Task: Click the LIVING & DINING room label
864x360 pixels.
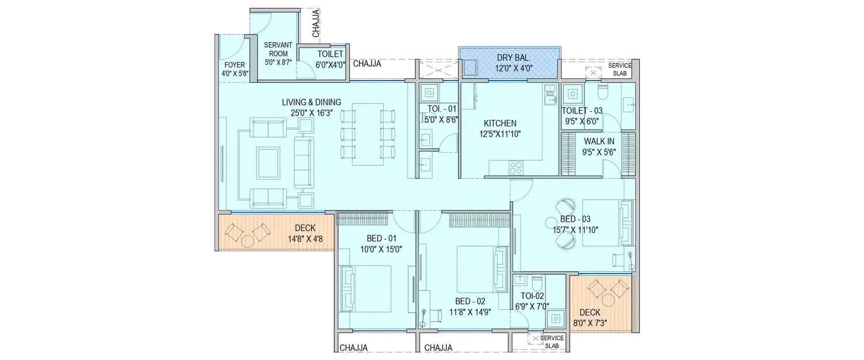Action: tap(311, 103)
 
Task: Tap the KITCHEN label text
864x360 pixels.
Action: tap(499, 123)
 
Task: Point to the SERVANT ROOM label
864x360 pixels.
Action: tap(278, 49)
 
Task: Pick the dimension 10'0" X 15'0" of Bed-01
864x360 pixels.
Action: tap(377, 249)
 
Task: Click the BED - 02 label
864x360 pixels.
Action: tap(470, 301)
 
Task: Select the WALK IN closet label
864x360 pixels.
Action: tap(599, 142)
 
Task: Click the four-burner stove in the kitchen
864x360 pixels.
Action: tap(515, 168)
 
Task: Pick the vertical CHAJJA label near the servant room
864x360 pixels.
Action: tap(316, 24)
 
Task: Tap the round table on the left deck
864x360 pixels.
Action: tap(248, 240)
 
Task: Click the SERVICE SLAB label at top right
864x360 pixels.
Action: tap(619, 69)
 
